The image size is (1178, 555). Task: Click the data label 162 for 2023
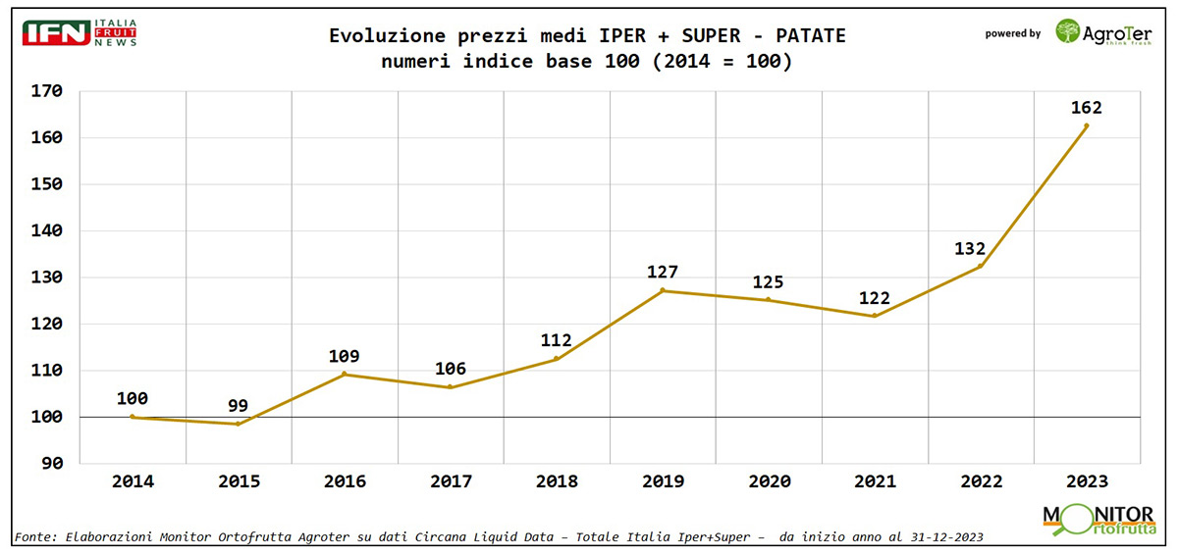[x=1086, y=108]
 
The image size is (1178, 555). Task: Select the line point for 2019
[x=663, y=290]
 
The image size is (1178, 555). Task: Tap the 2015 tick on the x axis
[x=239, y=481]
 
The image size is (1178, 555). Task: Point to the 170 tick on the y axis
[x=46, y=91]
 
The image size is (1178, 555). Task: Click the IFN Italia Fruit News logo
[x=80, y=31]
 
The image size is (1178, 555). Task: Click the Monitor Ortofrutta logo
[x=1098, y=519]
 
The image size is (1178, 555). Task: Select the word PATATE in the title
[x=810, y=36]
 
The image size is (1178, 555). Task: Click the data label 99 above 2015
[x=239, y=405]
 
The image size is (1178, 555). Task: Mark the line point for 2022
[x=980, y=266]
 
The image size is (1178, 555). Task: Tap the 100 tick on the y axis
[x=46, y=417]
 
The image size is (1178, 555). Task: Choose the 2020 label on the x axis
[x=769, y=481]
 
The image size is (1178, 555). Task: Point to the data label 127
[x=663, y=272]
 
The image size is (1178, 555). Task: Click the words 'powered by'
[x=1012, y=33]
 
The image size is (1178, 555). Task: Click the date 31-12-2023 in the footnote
[x=934, y=537]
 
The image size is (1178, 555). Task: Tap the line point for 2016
[x=345, y=374]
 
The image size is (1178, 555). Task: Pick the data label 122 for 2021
[x=875, y=296]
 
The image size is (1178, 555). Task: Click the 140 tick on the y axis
[x=46, y=231]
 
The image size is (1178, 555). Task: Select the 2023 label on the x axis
[x=1086, y=481]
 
